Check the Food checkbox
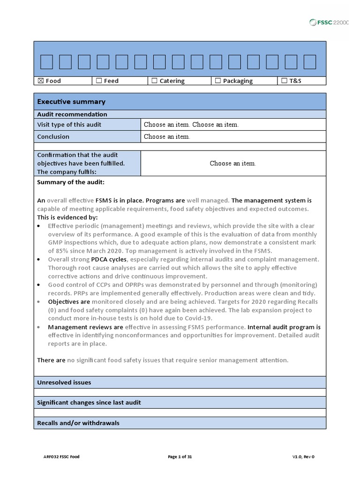40,81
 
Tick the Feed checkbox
98,81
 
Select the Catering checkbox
154,81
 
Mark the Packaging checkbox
218,81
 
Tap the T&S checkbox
284,81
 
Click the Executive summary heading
71,102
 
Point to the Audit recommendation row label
72,114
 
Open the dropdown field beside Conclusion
167,137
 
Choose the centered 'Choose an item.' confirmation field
233,164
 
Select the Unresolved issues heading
64,382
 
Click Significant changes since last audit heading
89,402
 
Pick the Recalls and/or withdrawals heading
78,423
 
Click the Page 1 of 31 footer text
180,457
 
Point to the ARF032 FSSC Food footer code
62,457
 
